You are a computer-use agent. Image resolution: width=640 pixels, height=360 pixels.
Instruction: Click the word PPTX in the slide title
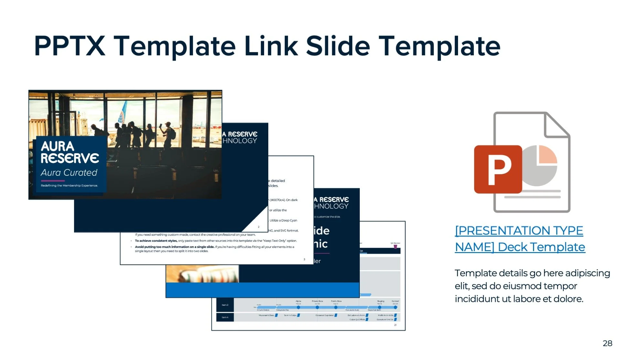point(69,46)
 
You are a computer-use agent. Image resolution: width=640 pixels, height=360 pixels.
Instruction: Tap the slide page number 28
point(607,343)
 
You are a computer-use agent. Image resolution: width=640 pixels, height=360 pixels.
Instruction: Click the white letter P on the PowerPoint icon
point(499,170)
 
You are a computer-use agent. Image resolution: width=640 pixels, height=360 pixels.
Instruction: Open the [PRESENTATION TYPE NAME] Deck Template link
point(519,239)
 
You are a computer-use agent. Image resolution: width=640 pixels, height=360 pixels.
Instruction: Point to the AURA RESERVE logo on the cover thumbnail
point(69,152)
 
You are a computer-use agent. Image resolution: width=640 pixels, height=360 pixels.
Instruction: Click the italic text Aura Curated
point(69,173)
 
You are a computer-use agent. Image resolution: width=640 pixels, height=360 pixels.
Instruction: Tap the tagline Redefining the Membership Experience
point(69,185)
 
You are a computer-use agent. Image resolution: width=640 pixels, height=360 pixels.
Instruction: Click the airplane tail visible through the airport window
point(123,112)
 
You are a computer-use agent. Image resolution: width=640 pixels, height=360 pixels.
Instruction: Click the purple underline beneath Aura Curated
point(53,181)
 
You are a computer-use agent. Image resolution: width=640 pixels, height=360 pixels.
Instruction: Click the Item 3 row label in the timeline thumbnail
point(225,305)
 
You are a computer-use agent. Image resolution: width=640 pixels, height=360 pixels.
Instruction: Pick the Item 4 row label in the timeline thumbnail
point(225,317)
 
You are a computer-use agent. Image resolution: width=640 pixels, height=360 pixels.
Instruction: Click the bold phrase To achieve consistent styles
point(156,241)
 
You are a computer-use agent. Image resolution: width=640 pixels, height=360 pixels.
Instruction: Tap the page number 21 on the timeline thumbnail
point(395,325)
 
